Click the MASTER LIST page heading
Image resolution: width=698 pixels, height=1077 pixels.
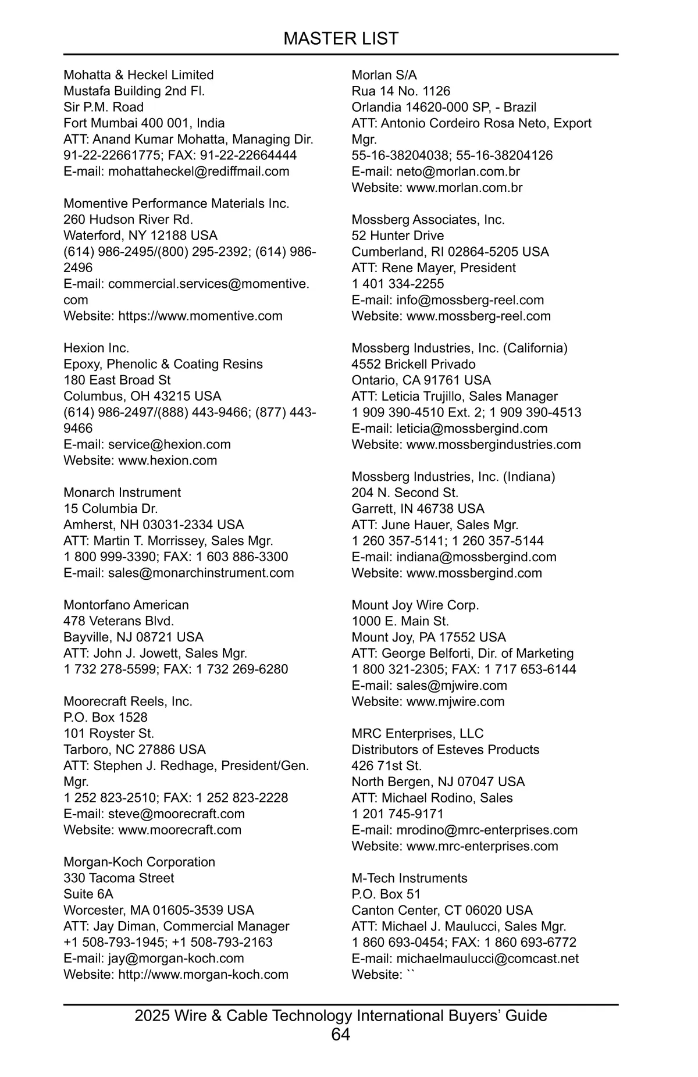(341, 38)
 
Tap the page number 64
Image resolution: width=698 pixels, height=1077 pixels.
(341, 1035)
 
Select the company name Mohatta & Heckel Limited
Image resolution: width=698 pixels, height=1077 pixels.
(138, 75)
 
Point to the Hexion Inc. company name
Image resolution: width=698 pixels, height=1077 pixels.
(97, 348)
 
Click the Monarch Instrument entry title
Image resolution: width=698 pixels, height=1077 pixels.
(122, 493)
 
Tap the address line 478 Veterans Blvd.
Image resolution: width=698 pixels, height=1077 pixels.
(119, 621)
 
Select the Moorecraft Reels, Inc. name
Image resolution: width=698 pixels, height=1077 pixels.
(128, 701)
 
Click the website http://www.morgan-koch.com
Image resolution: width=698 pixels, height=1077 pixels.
(203, 975)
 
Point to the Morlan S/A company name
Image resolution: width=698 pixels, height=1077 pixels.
(384, 75)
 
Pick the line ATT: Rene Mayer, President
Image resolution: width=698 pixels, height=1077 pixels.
(433, 268)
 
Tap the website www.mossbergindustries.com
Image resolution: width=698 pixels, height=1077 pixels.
(493, 445)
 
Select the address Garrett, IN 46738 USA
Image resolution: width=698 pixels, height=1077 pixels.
(418, 509)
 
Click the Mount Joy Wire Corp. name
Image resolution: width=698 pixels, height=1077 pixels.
(415, 605)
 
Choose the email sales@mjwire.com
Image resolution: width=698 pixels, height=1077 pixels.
(451, 686)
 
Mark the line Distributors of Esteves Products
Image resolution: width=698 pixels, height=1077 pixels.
(445, 750)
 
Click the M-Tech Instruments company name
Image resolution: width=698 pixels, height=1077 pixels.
(409, 878)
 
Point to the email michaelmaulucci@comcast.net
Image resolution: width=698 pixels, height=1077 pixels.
(487, 958)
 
